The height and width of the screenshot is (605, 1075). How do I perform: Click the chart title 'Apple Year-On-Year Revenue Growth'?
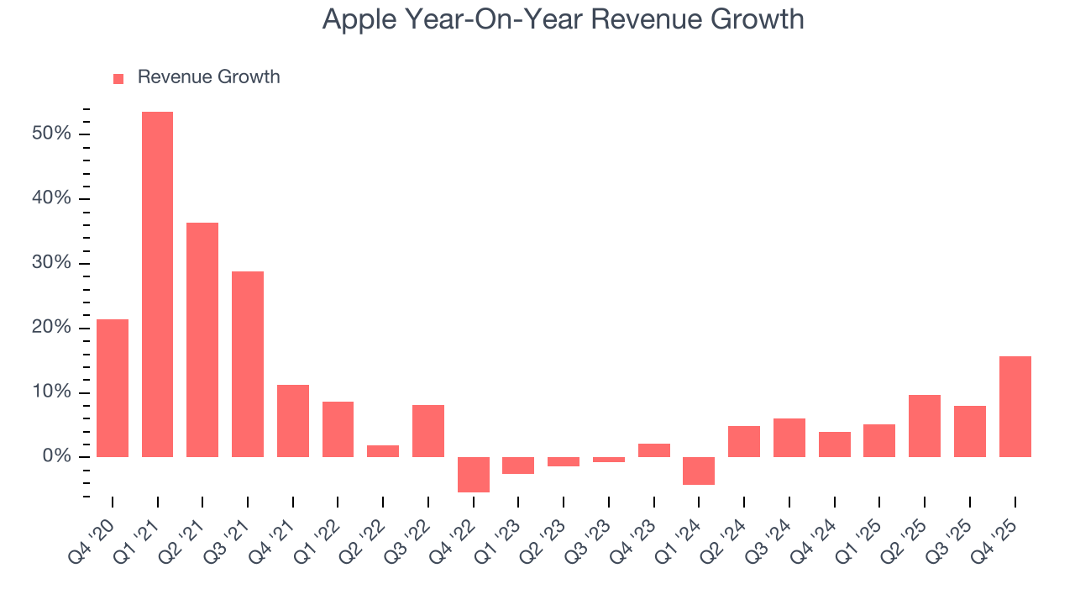coord(563,19)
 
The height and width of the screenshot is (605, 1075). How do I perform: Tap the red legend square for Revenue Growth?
coord(118,78)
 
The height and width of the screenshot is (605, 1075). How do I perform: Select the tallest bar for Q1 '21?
coord(157,284)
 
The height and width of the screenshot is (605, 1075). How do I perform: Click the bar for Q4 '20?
coord(113,388)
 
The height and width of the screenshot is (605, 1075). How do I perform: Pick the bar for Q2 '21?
coord(202,339)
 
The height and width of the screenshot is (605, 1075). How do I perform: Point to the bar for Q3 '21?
coord(248,364)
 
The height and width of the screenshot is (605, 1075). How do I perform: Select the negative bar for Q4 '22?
coord(473,475)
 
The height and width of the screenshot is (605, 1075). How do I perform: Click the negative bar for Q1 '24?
coord(699,471)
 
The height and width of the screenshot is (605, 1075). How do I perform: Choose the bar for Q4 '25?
coord(1015,407)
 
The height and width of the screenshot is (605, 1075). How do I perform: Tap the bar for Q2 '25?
coord(925,426)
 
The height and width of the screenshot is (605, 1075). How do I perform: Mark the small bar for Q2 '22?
coord(383,451)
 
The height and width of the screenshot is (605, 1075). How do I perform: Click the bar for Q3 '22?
coord(428,431)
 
